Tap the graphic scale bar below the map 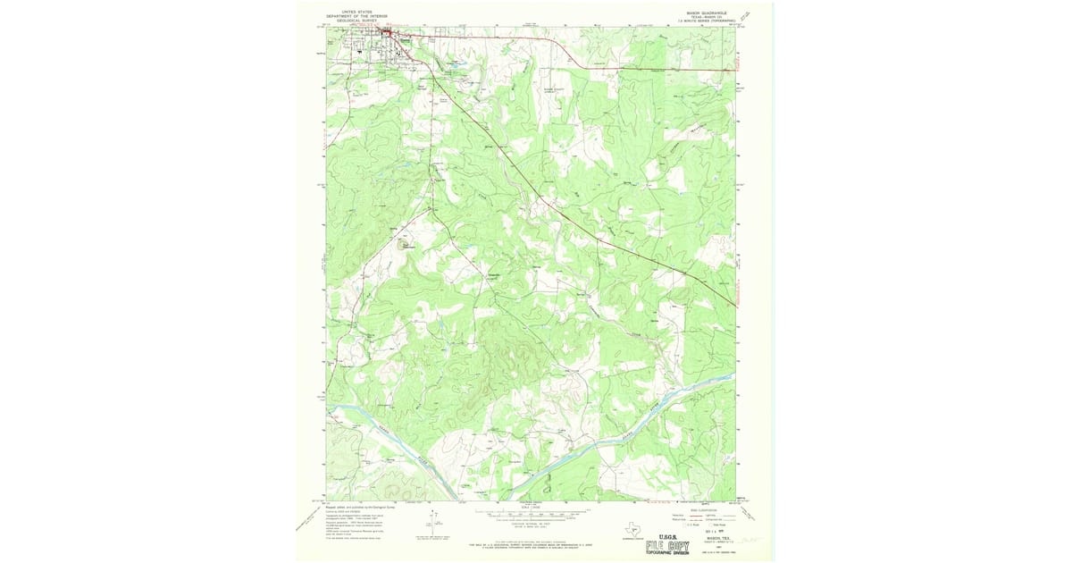click(x=531, y=514)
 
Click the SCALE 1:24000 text click(x=531, y=508)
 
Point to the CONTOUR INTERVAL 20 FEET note click(x=531, y=521)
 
